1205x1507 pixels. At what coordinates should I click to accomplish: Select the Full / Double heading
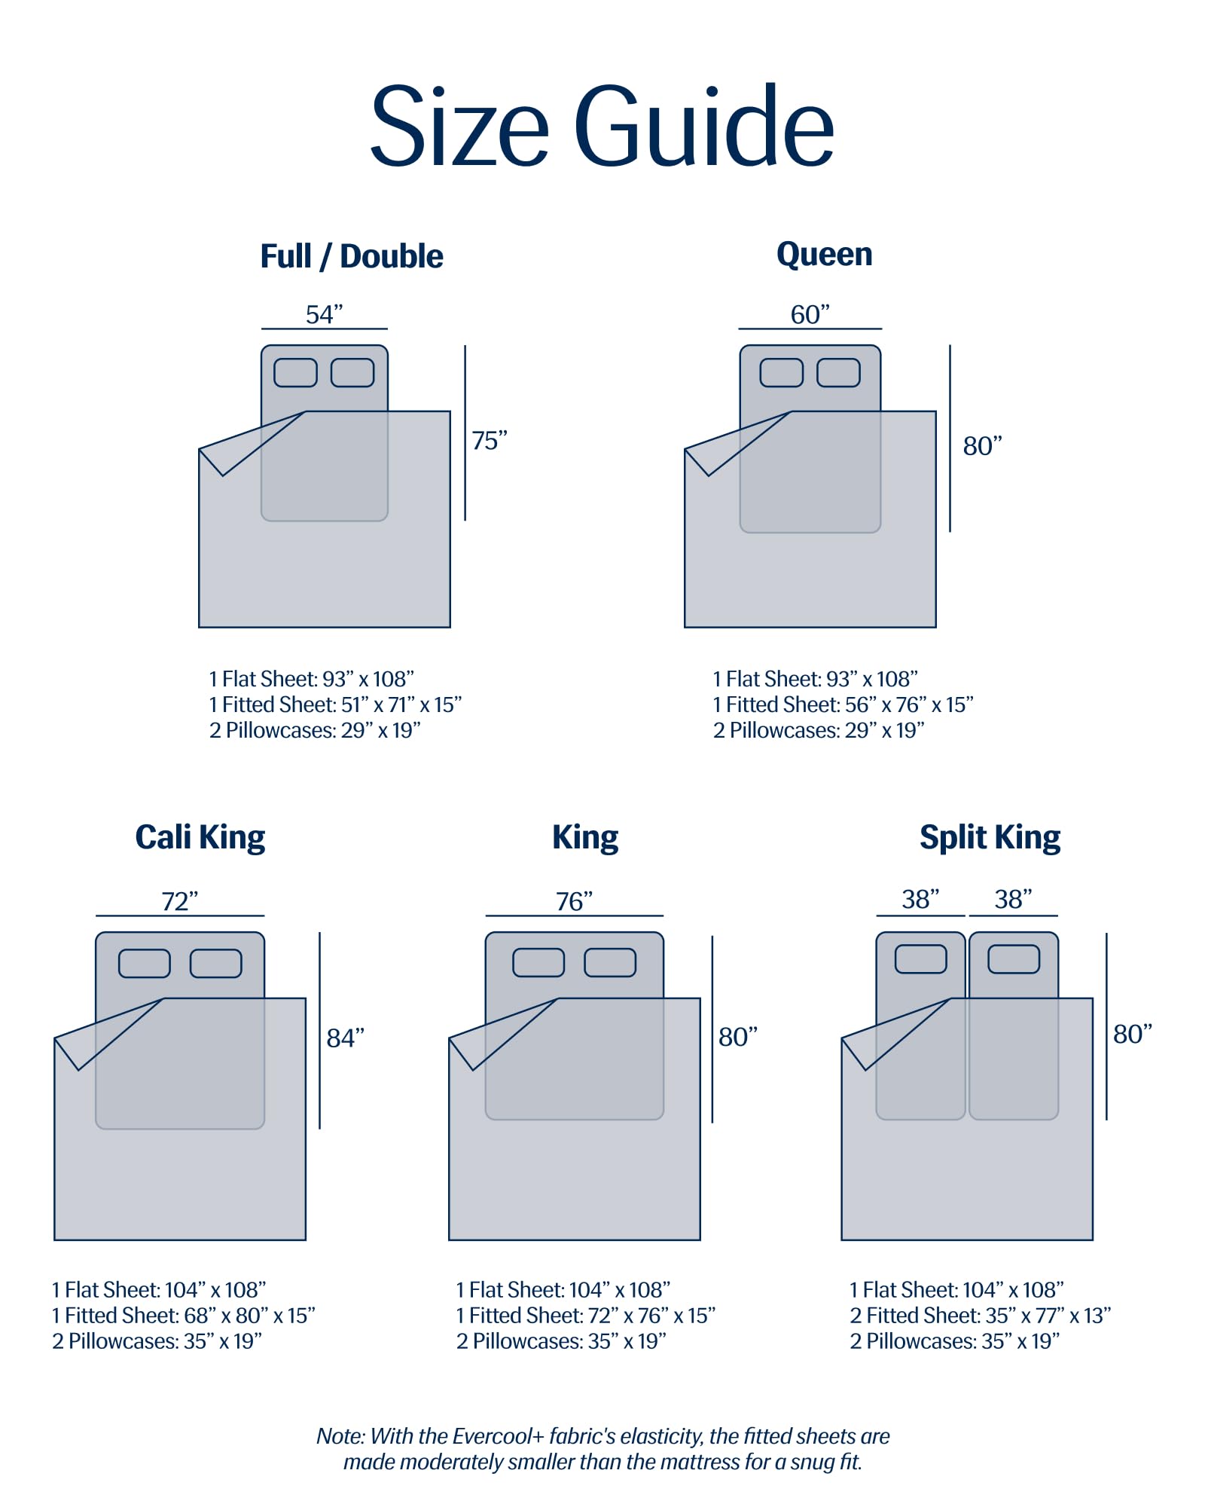tap(352, 256)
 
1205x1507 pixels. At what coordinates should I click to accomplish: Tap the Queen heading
tap(824, 255)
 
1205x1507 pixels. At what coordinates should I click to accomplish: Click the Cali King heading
tap(200, 837)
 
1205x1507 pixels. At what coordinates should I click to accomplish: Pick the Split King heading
tap(990, 837)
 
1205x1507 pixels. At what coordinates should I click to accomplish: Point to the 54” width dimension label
tap(324, 314)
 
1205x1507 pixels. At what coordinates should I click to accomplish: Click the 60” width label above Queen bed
tap(810, 314)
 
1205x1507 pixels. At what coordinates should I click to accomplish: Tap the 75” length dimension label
tap(490, 441)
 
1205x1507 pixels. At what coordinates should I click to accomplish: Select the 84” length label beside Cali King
tap(345, 1038)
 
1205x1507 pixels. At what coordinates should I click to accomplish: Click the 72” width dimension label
tap(179, 901)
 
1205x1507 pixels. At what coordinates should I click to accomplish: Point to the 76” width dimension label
tap(574, 901)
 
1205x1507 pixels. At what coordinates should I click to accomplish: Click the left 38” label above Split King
tap(920, 899)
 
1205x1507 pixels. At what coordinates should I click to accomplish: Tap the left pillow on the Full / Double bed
tap(295, 372)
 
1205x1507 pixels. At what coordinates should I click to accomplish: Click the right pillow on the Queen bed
tap(838, 372)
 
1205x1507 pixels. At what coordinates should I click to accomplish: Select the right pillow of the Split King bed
tap(1013, 959)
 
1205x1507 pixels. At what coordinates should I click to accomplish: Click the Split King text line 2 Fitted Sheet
tap(980, 1316)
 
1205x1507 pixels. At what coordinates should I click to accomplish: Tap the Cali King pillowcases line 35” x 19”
tap(157, 1341)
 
